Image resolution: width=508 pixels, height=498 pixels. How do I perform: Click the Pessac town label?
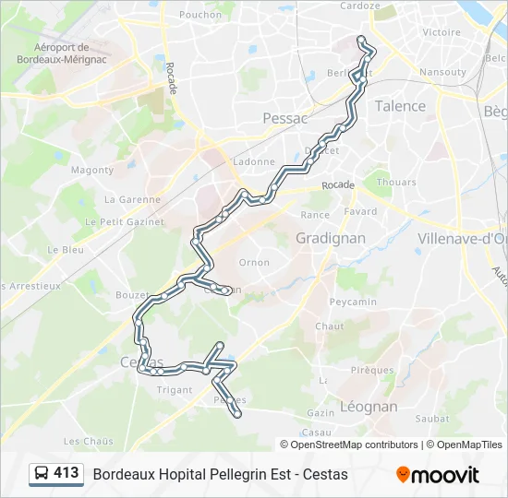[284, 118]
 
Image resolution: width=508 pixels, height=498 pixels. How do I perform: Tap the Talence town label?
[400, 106]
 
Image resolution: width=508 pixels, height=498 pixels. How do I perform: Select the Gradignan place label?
[330, 238]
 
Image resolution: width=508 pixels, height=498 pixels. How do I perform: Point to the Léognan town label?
[369, 406]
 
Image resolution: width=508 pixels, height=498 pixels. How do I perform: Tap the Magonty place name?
[92, 171]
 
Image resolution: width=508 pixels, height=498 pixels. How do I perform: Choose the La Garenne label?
[132, 199]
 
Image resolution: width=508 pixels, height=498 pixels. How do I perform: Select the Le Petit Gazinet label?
[124, 222]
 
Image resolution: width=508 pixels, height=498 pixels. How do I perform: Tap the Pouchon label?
[200, 15]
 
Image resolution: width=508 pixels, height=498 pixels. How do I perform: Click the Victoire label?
[441, 32]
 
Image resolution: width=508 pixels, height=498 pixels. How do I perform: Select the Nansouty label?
[442, 72]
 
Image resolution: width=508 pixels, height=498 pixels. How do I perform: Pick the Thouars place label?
[396, 183]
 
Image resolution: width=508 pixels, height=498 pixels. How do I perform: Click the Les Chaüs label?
[89, 441]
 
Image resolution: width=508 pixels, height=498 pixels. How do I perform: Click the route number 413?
[67, 473]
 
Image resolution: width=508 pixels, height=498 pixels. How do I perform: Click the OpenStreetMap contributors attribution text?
[355, 445]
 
